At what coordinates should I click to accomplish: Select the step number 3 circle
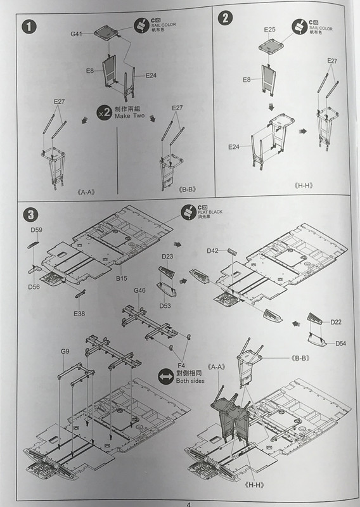(28, 214)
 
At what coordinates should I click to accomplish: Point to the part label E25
(269, 30)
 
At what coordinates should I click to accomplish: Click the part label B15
(122, 278)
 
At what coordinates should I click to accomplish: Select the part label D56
(34, 286)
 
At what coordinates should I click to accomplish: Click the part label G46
(139, 290)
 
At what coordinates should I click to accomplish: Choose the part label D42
(213, 251)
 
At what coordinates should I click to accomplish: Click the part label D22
(336, 322)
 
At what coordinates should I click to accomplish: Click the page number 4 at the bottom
(188, 504)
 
